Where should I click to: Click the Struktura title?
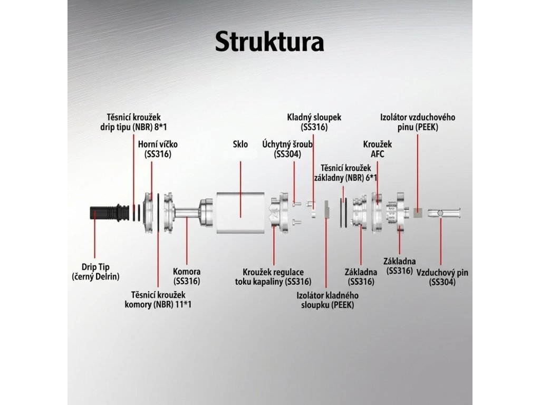click(x=269, y=42)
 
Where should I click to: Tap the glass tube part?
click(x=240, y=213)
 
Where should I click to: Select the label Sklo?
click(x=240, y=144)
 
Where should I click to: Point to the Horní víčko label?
click(x=154, y=149)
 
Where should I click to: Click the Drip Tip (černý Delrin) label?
click(x=95, y=272)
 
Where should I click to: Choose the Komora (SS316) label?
click(x=187, y=276)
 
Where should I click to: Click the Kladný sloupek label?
click(x=314, y=122)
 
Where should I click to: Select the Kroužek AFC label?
click(x=378, y=149)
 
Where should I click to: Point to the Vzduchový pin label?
click(x=442, y=277)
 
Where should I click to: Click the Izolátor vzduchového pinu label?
click(x=418, y=122)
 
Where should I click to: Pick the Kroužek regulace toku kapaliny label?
click(x=273, y=276)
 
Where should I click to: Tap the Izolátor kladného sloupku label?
click(x=327, y=300)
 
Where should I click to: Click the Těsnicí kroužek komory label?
click(x=158, y=300)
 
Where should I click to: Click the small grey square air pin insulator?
click(x=418, y=213)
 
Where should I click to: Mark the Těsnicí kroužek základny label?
click(x=346, y=172)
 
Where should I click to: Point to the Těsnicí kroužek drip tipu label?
click(x=133, y=122)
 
